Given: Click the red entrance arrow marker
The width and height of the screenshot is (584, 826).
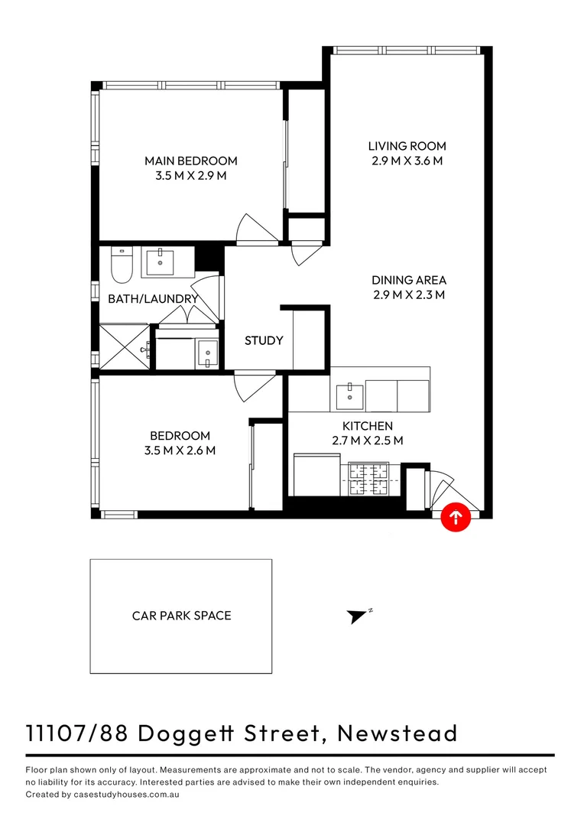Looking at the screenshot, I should click(x=456, y=518).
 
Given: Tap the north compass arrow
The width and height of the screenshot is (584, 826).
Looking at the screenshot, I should click(x=357, y=616).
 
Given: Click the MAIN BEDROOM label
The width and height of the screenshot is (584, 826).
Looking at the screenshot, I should click(x=191, y=161).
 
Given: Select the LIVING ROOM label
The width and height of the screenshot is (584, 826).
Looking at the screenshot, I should click(x=407, y=146).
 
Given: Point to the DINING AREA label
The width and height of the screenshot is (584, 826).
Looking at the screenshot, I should click(x=409, y=280).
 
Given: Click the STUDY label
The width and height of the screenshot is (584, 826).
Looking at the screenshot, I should click(x=264, y=340).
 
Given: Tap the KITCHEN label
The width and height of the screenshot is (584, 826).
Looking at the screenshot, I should click(x=367, y=426).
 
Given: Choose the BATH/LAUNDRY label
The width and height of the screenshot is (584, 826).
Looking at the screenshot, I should click(x=153, y=298).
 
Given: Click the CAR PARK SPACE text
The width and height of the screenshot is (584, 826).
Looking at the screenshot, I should click(x=181, y=615).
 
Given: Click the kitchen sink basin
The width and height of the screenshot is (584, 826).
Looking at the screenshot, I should click(x=350, y=395).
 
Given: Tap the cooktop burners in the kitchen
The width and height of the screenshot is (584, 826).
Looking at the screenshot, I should click(x=369, y=480).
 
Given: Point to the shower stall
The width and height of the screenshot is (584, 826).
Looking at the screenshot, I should click(x=124, y=346).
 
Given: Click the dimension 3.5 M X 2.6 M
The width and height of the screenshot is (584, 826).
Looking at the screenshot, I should click(x=180, y=450).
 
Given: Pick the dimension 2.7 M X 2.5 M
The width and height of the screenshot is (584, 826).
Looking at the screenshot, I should click(x=367, y=441).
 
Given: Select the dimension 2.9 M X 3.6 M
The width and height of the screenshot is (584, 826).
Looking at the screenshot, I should click(x=407, y=161).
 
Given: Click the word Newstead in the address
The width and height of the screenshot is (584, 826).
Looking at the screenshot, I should click(x=397, y=733).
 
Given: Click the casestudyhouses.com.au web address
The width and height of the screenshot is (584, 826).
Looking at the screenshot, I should click(x=125, y=795).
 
